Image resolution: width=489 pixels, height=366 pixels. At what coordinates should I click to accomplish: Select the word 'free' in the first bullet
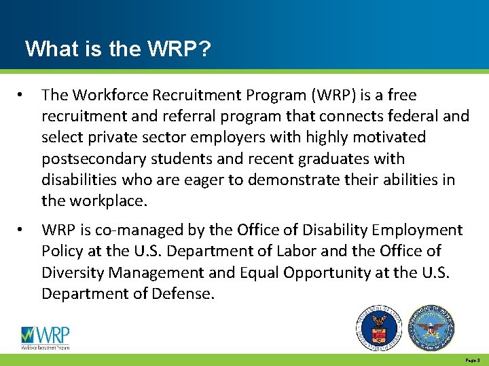coord(401,95)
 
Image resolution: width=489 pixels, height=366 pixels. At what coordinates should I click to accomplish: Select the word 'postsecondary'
coord(87,159)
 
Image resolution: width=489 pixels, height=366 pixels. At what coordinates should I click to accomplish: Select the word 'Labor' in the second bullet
coord(297,251)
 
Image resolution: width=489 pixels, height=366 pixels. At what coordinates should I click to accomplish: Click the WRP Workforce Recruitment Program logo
coord(46,337)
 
